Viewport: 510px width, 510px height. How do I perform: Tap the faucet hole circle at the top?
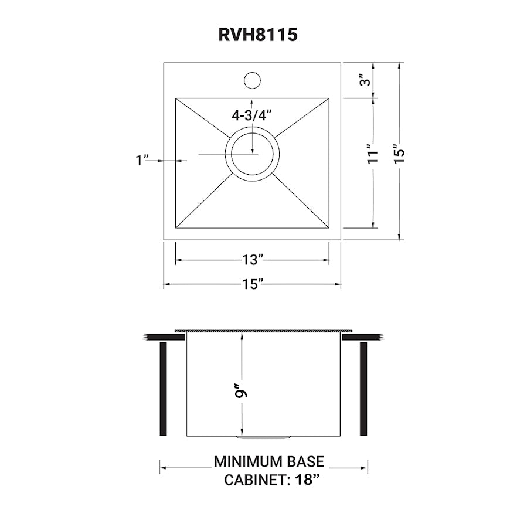coord(252,80)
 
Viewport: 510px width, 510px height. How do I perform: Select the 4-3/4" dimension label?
coord(253,115)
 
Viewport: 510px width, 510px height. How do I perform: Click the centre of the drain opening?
coord(252,154)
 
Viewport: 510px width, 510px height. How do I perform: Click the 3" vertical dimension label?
coord(366,80)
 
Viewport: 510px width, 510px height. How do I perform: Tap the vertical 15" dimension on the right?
coord(398,154)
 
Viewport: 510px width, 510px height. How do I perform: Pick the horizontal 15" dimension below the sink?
coord(252,285)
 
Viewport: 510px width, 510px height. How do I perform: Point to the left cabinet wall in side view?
coord(164,389)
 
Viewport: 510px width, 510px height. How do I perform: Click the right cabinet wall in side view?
coord(363,389)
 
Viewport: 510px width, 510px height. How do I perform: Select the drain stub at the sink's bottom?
coord(263,437)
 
